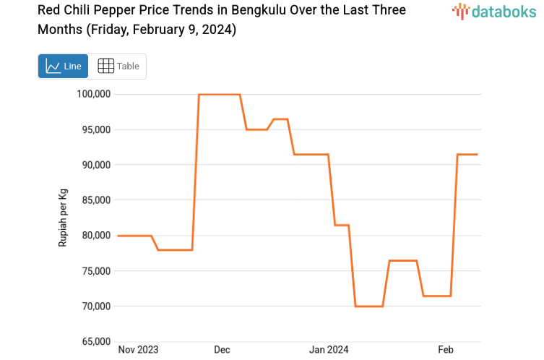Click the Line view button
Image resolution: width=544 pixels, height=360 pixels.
(63, 67)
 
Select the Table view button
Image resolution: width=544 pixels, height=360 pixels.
(118, 67)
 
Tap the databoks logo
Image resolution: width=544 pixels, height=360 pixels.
(494, 11)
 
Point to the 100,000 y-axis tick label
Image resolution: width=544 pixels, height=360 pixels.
(93, 94)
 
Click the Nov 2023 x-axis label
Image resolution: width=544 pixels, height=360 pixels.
(138, 350)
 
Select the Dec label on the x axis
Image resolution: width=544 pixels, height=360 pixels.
(222, 350)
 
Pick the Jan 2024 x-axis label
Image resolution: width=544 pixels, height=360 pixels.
(329, 350)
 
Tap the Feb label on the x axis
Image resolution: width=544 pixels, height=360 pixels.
(446, 350)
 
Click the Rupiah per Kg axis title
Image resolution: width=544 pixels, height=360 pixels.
(63, 218)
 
